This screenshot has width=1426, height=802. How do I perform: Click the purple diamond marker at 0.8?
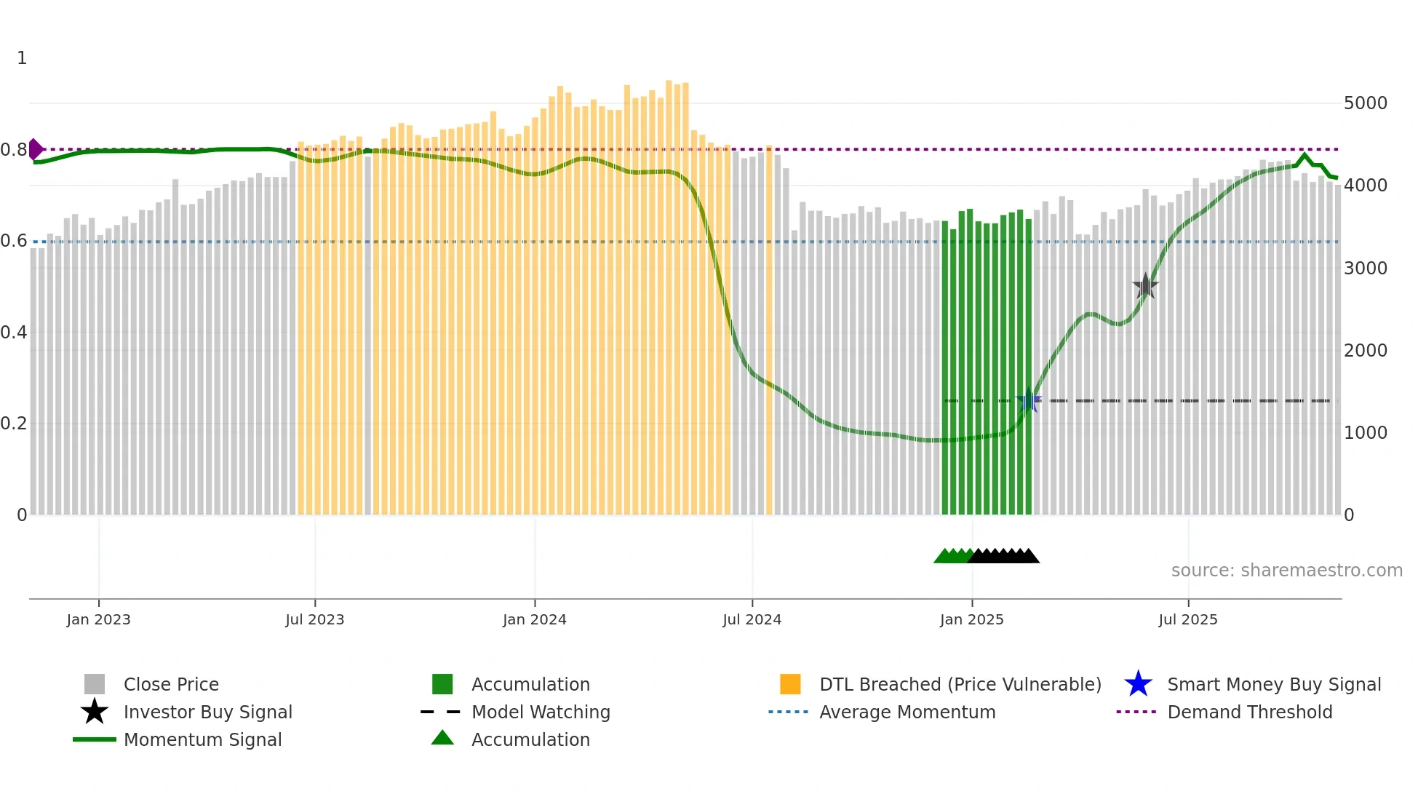click(35, 149)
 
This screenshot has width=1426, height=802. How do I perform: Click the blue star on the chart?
click(1029, 401)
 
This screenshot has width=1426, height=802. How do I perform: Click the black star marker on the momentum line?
click(1145, 286)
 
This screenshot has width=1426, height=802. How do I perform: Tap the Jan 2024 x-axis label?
click(534, 619)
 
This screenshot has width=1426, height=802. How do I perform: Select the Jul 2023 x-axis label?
click(314, 619)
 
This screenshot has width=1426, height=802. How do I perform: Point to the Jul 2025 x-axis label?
click(1187, 619)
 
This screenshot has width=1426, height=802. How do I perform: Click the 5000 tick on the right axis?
click(1365, 103)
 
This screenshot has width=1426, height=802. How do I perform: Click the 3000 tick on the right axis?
click(1365, 269)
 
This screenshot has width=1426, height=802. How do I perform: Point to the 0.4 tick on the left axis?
click(14, 333)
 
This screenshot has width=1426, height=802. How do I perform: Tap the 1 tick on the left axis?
click(22, 58)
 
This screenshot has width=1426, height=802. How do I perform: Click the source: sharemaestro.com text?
click(1286, 571)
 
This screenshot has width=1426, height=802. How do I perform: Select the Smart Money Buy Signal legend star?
click(1138, 684)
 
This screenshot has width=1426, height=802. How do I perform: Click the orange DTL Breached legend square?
click(790, 684)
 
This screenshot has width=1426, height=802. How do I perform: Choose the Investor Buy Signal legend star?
click(95, 712)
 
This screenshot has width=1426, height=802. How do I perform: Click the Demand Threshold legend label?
click(1249, 712)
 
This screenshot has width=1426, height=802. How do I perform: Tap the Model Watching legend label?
click(541, 712)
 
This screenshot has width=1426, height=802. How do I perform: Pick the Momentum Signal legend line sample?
click(95, 739)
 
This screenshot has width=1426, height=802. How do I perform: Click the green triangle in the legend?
click(442, 738)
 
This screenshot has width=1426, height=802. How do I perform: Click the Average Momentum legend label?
click(907, 712)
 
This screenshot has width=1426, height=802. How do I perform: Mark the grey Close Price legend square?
click(95, 684)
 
